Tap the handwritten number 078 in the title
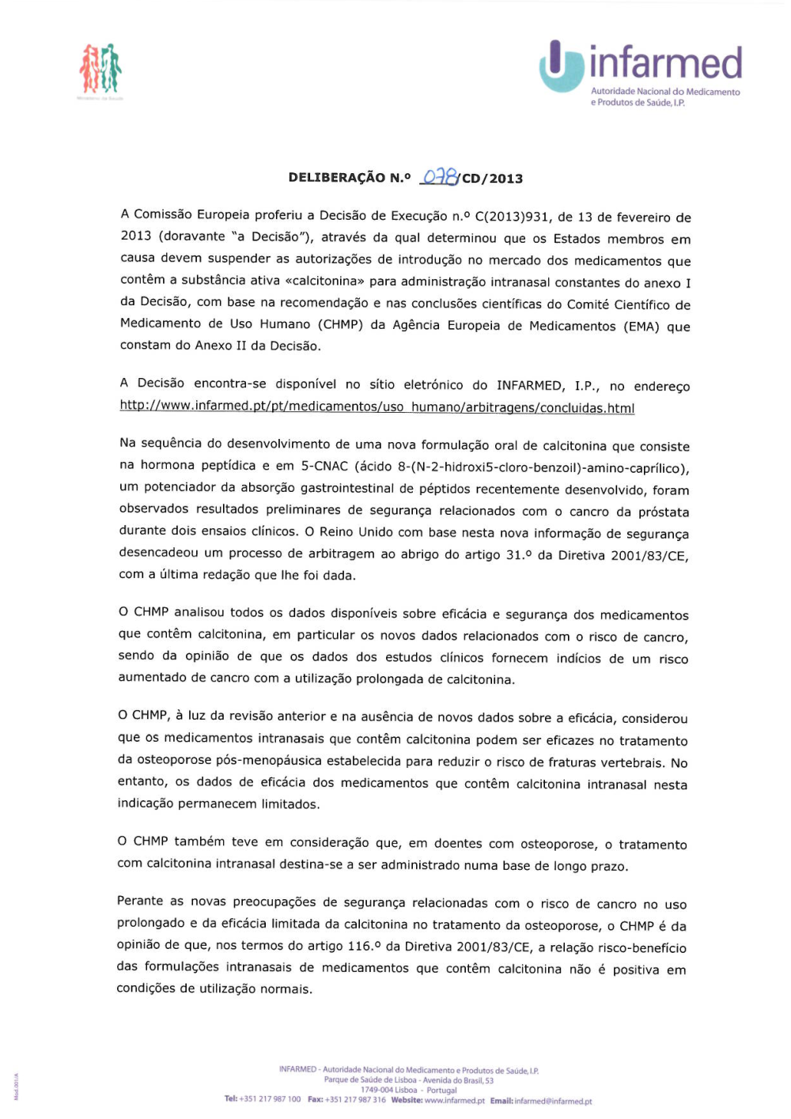pyautogui.click(x=440, y=176)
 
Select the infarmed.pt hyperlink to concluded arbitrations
pyautogui.click(x=377, y=407)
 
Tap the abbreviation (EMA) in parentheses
pyautogui.click(x=641, y=326)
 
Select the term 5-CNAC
pyautogui.click(x=324, y=466)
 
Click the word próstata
pyautogui.click(x=663, y=512)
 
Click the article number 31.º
pyautogui.click(x=518, y=554)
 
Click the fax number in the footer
pyautogui.click(x=355, y=1099)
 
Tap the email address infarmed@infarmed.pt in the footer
pyautogui.click(x=553, y=1101)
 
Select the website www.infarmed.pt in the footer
pyautogui.click(x=455, y=1100)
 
